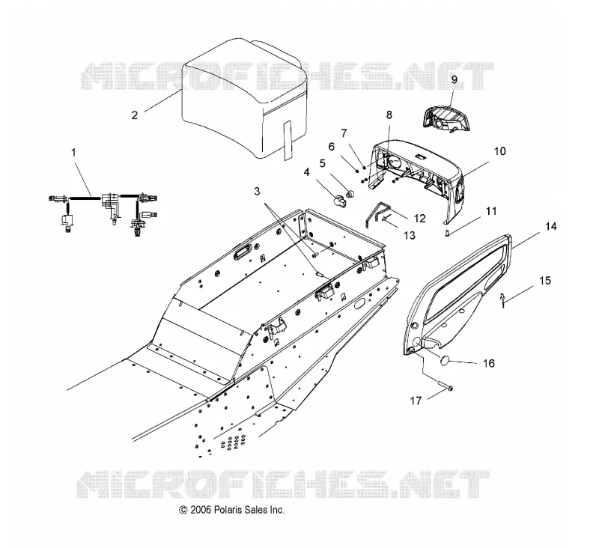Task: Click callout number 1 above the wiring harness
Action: tap(73, 153)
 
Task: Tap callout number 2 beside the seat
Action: tap(135, 115)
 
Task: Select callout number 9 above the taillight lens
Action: tap(454, 79)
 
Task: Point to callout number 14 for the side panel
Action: tap(550, 226)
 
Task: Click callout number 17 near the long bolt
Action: tap(416, 401)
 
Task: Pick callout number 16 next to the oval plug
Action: tap(489, 363)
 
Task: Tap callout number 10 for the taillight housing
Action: tap(499, 151)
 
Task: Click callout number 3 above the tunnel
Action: tap(257, 191)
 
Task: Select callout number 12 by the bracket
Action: tap(419, 219)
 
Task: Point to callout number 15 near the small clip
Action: tap(545, 281)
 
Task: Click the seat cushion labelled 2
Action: tap(245, 100)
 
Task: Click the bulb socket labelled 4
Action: tap(339, 200)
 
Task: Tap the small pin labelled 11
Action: tap(446, 233)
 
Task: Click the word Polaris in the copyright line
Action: tap(228, 509)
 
